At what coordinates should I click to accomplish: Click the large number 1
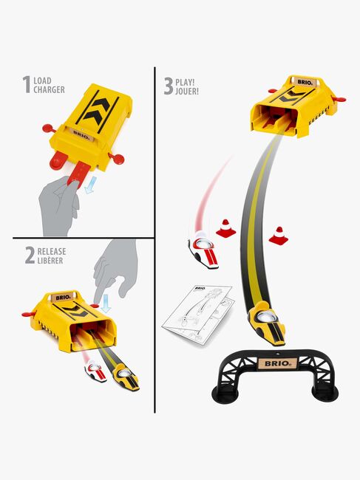27,84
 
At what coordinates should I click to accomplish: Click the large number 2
30,256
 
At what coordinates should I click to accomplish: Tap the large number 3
169,86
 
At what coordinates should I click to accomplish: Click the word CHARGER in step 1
49,89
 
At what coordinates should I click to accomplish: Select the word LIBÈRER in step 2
50,261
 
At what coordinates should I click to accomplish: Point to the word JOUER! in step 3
187,92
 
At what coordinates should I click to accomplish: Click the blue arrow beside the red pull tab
91,185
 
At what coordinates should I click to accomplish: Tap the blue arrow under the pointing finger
106,304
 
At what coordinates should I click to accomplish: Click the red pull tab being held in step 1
78,174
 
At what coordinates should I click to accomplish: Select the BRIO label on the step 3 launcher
305,82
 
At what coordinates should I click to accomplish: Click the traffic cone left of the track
225,228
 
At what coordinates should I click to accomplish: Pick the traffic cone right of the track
279,236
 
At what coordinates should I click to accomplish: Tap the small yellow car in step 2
126,378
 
